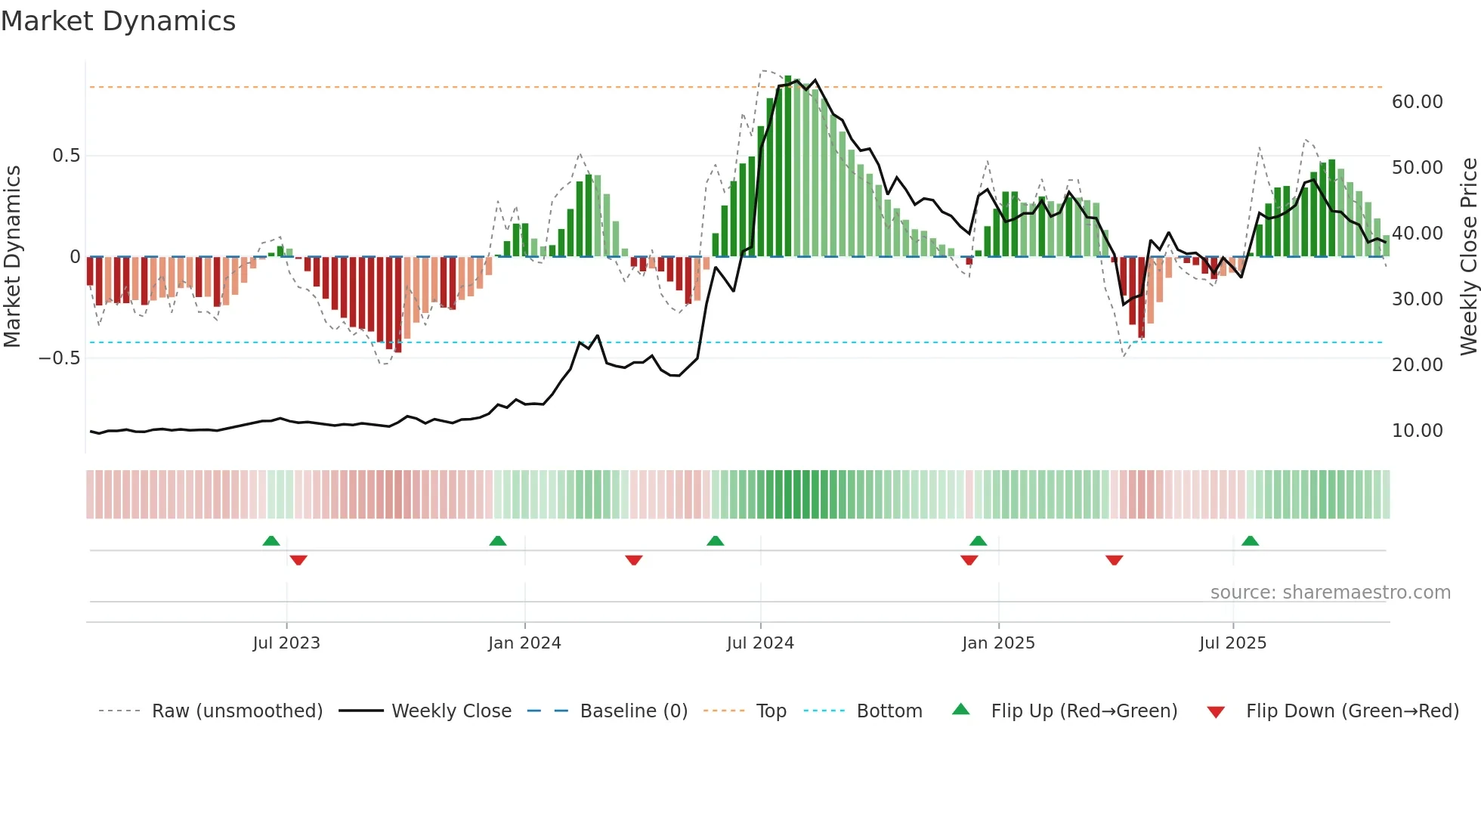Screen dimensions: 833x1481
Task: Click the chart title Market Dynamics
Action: tap(118, 21)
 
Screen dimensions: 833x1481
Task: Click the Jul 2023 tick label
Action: tap(286, 643)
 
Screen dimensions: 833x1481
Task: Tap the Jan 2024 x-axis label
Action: tap(524, 643)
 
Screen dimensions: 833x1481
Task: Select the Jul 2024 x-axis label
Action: tap(760, 643)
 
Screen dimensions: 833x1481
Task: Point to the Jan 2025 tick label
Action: tap(998, 643)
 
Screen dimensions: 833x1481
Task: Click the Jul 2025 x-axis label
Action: tap(1232, 643)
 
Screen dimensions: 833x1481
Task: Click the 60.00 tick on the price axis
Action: tap(1417, 102)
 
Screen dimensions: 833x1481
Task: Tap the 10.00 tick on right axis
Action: tap(1417, 431)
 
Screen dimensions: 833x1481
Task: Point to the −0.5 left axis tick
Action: tap(59, 358)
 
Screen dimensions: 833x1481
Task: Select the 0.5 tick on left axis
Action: tap(66, 156)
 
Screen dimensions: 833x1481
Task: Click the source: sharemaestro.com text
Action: tap(1330, 593)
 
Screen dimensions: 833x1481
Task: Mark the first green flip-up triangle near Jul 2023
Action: tap(271, 540)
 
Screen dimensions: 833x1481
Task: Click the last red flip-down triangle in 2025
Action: tap(1114, 560)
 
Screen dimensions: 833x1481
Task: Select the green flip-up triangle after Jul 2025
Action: tap(1250, 540)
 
